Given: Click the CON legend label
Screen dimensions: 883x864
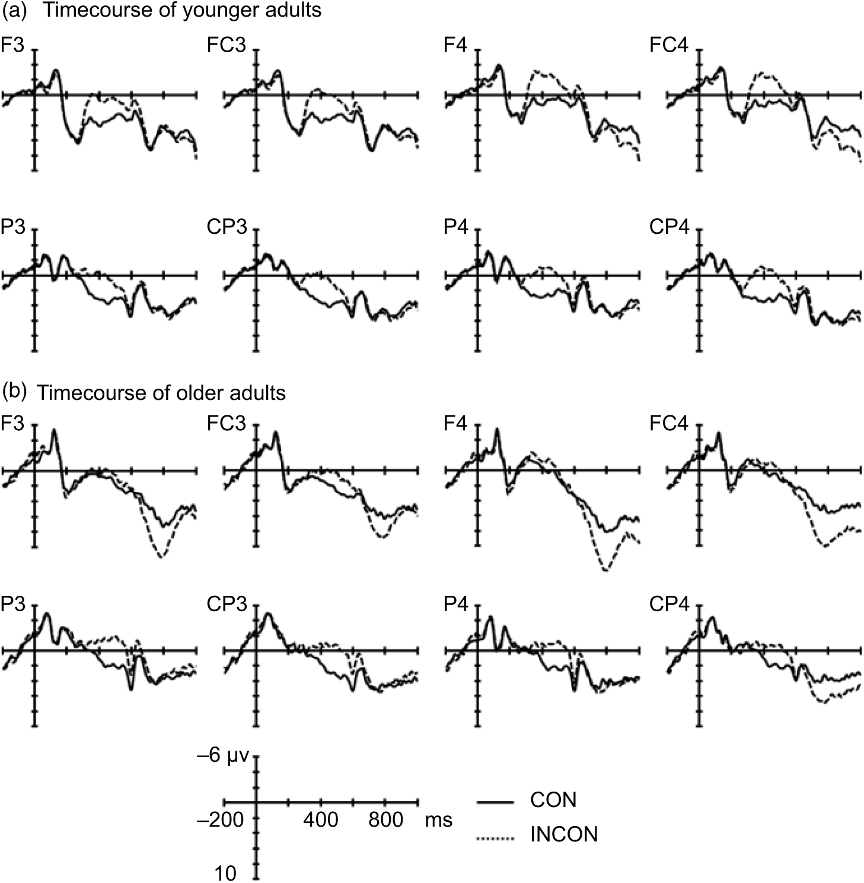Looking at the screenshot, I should click(553, 800).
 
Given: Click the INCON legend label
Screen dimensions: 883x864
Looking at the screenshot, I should click(563, 835).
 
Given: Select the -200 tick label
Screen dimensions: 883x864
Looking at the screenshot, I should click(220, 820).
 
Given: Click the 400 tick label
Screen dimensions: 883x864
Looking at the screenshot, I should click(321, 820).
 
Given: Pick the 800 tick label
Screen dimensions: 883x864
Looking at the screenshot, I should click(385, 820).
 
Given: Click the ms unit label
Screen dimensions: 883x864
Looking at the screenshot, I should click(438, 820).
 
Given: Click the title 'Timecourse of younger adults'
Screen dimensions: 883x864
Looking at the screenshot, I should click(181, 11).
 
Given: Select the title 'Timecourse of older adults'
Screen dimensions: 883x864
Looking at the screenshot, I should click(161, 393).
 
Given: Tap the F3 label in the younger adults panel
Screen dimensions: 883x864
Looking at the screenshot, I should click(13, 46).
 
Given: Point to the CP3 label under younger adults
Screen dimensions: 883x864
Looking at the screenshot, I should click(227, 227).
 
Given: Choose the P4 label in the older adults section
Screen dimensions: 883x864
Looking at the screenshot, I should click(456, 605).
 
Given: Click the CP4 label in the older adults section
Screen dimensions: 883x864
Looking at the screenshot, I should click(669, 605).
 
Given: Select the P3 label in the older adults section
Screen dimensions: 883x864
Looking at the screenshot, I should click(13, 605).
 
